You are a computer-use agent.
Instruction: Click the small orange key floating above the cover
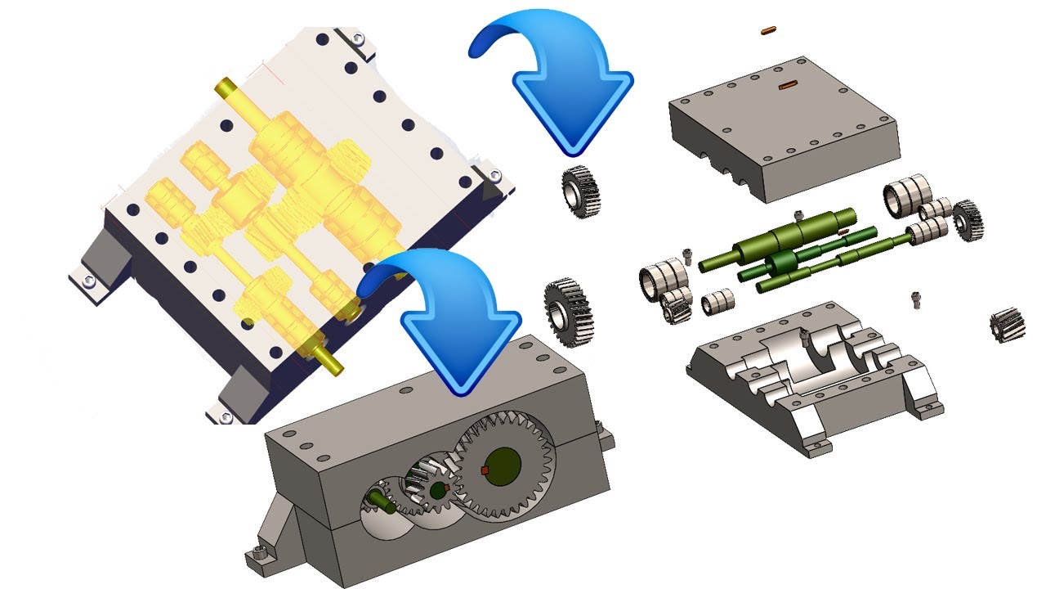point(767,30)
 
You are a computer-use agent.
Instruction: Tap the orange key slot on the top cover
point(788,84)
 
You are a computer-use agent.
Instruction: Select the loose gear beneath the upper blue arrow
point(581,191)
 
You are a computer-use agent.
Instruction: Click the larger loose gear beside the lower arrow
point(568,308)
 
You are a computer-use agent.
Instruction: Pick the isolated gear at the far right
point(1007,325)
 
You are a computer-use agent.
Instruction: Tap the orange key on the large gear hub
point(485,470)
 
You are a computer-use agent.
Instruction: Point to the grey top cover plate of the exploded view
point(784,123)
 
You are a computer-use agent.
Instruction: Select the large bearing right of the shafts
point(907,195)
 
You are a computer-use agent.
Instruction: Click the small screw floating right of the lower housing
point(916,300)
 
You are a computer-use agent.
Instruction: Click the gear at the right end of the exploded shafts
point(968,218)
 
